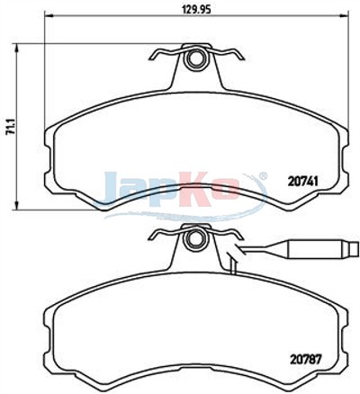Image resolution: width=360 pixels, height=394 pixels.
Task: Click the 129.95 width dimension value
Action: point(196,9)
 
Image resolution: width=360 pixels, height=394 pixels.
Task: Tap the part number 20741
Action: point(302,181)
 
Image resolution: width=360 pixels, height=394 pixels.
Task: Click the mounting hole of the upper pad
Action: point(195,58)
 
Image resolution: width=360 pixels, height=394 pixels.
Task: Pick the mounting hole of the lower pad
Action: point(194,238)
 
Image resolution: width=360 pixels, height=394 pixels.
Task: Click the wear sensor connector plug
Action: point(319,248)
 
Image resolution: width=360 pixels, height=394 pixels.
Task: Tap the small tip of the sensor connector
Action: point(355,248)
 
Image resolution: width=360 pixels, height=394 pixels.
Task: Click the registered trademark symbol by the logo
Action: point(262,175)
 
